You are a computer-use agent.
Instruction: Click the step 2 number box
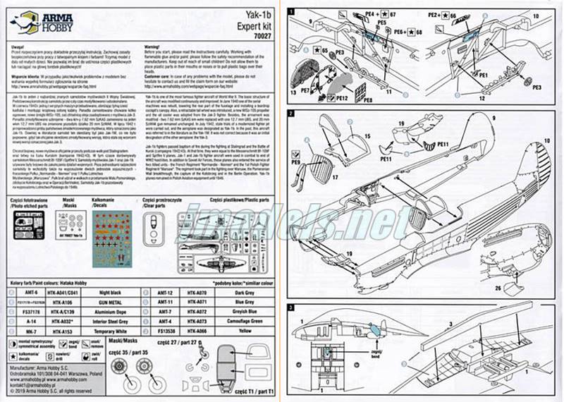point(291,114)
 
